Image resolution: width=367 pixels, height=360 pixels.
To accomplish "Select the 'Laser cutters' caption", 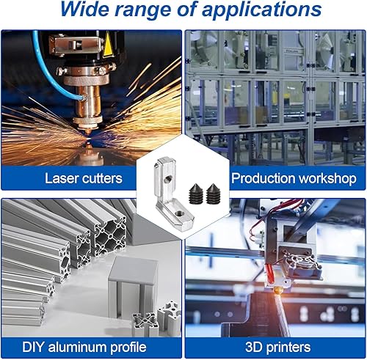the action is tap(84, 178).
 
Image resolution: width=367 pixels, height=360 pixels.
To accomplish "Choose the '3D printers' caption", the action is tap(277, 348).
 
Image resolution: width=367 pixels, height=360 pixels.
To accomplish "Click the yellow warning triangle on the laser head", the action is tap(108, 45).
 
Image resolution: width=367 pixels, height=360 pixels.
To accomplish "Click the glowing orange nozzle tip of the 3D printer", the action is tap(279, 291).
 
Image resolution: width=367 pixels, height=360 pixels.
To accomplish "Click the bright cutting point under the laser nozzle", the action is tap(88, 139).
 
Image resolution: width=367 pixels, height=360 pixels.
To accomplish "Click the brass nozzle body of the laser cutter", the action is tap(87, 102).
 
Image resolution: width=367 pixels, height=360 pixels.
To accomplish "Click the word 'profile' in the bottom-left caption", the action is tap(128, 348).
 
